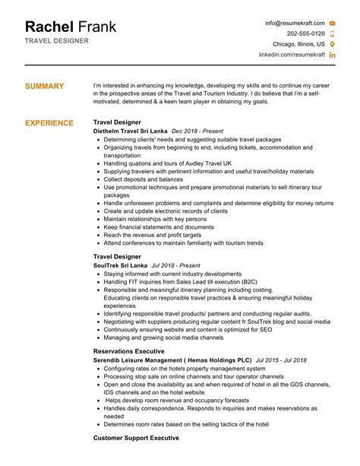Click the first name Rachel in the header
click(49, 27)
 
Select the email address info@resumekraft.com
click(295, 23)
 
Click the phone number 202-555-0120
click(306, 33)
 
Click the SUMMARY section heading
click(45, 87)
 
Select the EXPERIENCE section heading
click(49, 122)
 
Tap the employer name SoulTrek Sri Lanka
click(120, 265)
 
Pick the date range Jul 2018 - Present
click(175, 265)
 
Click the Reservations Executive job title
click(128, 351)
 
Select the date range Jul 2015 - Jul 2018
click(281, 360)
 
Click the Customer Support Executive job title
click(136, 438)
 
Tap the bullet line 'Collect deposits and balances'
click(145, 179)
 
